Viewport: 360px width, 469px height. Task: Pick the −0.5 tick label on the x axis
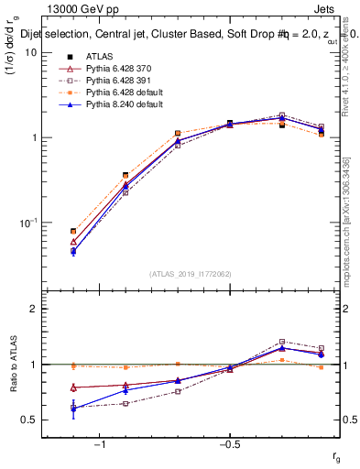229,445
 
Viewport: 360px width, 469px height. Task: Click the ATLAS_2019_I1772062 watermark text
191,273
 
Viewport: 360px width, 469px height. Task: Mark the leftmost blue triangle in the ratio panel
73,409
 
